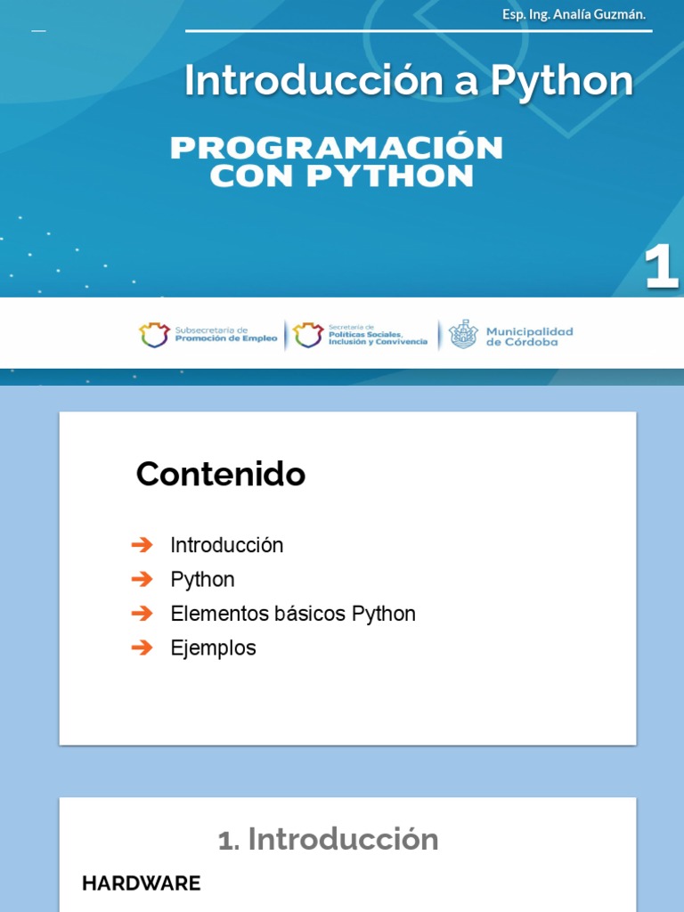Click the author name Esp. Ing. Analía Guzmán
[574, 14]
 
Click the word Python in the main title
[562, 81]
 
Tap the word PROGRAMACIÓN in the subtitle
[337, 148]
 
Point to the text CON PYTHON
[341, 176]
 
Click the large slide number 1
[661, 268]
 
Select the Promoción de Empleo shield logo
[154, 335]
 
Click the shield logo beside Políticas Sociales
[308, 335]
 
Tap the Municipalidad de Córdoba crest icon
[463, 335]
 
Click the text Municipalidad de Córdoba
[529, 336]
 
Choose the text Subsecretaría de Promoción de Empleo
[225, 335]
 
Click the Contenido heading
[220, 475]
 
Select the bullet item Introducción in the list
[226, 545]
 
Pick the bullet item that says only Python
[202, 580]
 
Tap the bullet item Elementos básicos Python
[292, 614]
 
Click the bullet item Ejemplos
[213, 648]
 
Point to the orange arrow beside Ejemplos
[142, 647]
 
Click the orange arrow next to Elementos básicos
[142, 614]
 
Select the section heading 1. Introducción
[329, 839]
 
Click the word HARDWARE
[141, 883]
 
